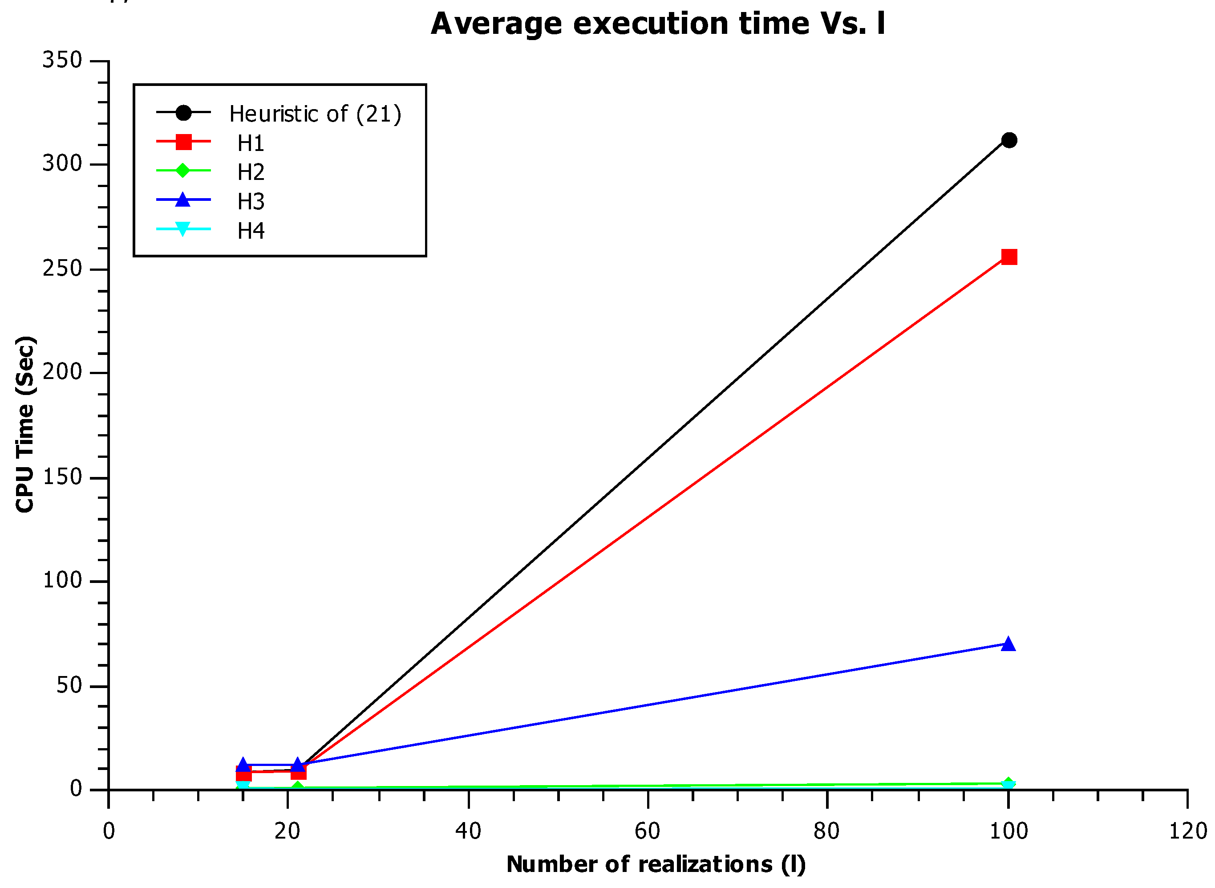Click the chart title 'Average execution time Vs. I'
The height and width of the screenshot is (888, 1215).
click(x=657, y=24)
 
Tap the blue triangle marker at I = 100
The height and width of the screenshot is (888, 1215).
click(x=1008, y=644)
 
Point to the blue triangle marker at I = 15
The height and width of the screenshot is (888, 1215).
click(x=243, y=764)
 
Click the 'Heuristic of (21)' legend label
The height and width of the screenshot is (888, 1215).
click(x=315, y=114)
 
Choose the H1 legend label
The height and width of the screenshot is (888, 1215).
click(x=251, y=143)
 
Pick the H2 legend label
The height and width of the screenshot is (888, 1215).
click(x=251, y=172)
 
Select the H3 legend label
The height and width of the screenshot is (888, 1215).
click(x=251, y=202)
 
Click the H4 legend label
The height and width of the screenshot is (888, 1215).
click(x=251, y=231)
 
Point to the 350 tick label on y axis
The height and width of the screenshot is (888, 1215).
click(x=62, y=60)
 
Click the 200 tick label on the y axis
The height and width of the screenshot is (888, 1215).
click(x=62, y=372)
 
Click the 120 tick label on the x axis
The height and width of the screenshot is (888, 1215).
click(x=1187, y=831)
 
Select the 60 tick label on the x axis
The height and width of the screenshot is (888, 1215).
click(x=647, y=831)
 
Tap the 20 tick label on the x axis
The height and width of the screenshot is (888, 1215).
click(x=288, y=831)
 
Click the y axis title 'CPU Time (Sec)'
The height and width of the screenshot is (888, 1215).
click(x=25, y=425)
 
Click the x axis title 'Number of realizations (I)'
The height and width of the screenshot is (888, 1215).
click(x=656, y=864)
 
